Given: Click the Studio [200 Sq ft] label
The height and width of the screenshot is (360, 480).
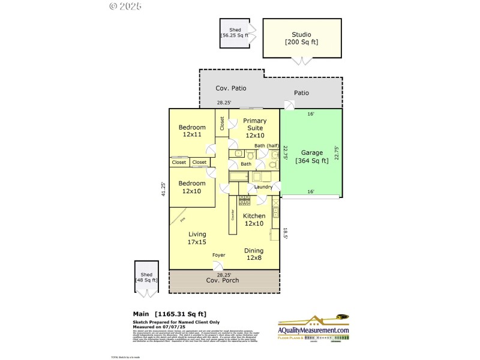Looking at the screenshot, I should (301, 38).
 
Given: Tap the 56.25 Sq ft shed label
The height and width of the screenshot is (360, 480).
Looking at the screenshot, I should (234, 32).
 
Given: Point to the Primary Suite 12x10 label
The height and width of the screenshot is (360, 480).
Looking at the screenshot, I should (255, 128).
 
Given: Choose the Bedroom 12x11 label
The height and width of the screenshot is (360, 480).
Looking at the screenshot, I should (192, 131).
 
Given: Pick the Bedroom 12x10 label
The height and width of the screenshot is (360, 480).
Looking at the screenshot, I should (192, 187).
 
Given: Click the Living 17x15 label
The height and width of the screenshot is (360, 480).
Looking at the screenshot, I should (197, 238).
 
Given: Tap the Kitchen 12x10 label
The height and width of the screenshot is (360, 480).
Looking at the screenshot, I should (254, 220).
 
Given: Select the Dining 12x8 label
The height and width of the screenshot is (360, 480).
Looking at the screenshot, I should (254, 254).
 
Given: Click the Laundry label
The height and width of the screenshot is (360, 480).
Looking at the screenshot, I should (263, 187).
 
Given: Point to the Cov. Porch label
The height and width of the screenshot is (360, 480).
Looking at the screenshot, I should (223, 280).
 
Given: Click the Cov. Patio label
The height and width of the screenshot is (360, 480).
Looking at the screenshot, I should (231, 88).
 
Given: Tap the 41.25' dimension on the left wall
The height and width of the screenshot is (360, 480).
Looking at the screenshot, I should (163, 189).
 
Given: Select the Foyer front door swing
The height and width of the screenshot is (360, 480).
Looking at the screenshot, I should (218, 266).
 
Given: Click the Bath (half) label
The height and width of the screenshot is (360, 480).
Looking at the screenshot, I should (267, 146).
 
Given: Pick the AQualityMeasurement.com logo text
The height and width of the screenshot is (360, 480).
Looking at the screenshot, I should (313, 331).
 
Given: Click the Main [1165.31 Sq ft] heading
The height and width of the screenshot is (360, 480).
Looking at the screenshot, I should (169, 313).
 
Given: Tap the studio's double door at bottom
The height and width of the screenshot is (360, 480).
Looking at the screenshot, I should (297, 61).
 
